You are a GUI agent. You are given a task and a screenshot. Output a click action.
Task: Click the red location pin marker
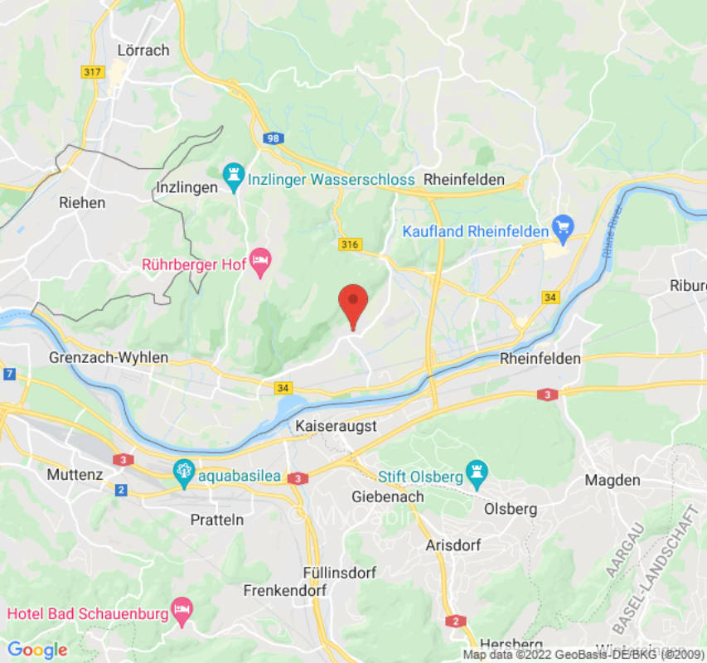354,304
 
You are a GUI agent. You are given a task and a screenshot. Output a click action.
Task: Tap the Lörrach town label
143,50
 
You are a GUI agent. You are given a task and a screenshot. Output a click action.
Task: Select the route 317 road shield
93,73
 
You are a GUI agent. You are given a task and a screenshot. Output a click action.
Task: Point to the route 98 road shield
273,138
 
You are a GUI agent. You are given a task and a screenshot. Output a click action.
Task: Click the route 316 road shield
348,244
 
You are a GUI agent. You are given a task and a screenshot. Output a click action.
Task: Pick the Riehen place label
82,201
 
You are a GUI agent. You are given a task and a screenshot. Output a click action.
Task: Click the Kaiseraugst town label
337,425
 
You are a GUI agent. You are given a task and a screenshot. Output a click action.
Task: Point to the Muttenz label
75,475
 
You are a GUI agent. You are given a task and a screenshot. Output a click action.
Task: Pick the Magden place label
613,480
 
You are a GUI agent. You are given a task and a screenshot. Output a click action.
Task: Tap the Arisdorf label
453,546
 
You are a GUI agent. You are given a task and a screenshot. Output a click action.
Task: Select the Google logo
36,650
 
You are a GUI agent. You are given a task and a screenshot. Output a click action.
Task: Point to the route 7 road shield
7,375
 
